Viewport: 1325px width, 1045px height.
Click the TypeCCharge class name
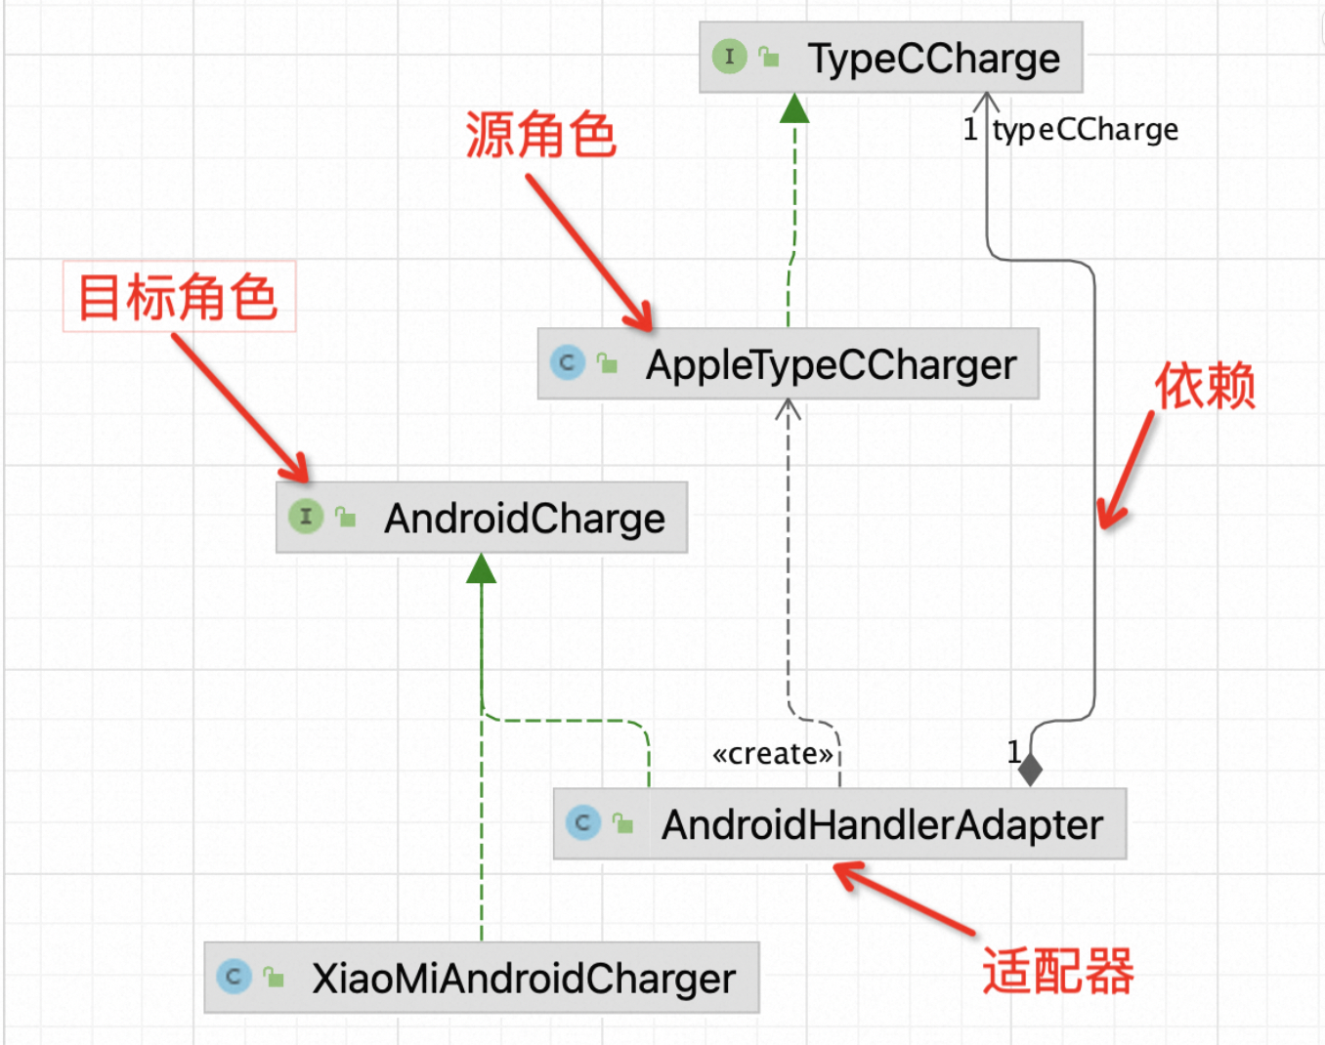933,59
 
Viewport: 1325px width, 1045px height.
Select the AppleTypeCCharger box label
831,365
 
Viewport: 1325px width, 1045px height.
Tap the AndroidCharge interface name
524,519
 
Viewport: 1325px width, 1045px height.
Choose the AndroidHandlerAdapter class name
881,825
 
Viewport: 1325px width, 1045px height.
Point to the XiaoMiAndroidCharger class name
523,979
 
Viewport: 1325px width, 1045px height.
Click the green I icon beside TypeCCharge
729,57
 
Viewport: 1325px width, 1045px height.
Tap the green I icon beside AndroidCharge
306,516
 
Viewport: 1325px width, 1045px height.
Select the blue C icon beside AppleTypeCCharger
567,362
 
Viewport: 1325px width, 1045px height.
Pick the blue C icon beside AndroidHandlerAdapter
583,822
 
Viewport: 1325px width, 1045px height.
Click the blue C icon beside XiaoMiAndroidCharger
234,976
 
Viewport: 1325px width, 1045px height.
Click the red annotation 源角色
540,135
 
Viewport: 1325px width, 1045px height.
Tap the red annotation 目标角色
178,297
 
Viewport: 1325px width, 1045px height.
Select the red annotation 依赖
1205,385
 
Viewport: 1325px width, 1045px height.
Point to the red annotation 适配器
1057,971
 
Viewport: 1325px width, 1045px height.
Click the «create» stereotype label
773,754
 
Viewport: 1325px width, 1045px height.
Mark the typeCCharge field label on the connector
1086,130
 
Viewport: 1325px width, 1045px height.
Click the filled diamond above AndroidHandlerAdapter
1030,770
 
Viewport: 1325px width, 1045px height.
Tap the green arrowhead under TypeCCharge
794,108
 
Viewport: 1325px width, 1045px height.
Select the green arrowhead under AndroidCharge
481,568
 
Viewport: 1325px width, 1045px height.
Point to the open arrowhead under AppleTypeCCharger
788,409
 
